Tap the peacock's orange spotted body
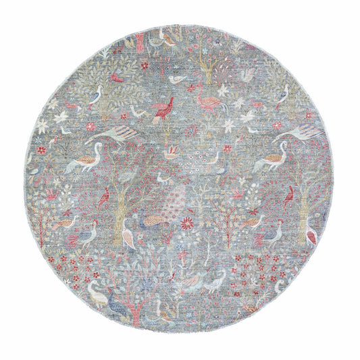click(x=157, y=220)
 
